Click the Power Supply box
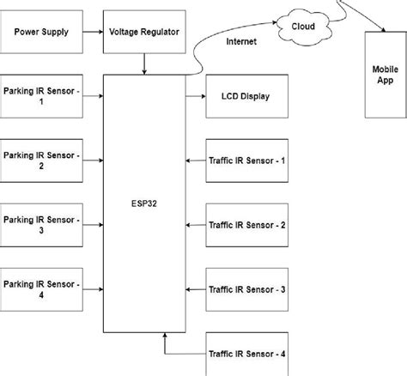pos(41,32)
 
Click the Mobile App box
pos(384,76)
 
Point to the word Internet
pos(242,42)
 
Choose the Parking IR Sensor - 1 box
pos(41,95)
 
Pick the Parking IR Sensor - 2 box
pos(41,161)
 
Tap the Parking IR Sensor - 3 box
pos(41,225)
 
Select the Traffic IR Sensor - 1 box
pos(246,161)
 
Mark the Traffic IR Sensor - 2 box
pos(246,225)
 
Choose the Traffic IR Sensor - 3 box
pos(246,289)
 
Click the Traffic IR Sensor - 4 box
pos(246,353)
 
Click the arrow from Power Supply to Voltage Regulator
pos(92,32)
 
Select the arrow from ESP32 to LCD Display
pos(195,95)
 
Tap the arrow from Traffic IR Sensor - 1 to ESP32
pos(195,161)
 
